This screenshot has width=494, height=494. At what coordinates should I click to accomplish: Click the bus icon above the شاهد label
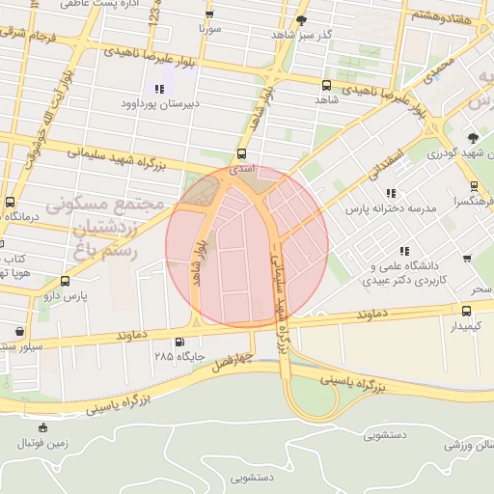pyautogui.click(x=326, y=86)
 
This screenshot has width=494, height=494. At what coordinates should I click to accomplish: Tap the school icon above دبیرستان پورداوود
pyautogui.click(x=158, y=90)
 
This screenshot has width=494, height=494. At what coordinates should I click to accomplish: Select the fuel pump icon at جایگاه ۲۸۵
pyautogui.click(x=179, y=343)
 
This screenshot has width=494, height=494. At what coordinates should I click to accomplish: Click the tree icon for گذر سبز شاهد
pyautogui.click(x=302, y=20)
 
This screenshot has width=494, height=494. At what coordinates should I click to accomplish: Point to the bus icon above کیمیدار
pyautogui.click(x=467, y=311)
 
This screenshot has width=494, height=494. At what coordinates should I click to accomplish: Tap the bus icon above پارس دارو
pyautogui.click(x=65, y=282)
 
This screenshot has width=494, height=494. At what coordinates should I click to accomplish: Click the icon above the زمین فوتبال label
pyautogui.click(x=41, y=427)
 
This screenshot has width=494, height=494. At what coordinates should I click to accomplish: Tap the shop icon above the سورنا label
pyautogui.click(x=210, y=14)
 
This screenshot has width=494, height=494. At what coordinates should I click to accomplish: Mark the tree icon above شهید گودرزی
pyautogui.click(x=473, y=138)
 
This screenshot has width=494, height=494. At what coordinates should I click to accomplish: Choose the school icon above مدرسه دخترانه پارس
pyautogui.click(x=391, y=193)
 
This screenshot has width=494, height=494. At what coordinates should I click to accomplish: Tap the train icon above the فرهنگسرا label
pyautogui.click(x=474, y=187)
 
